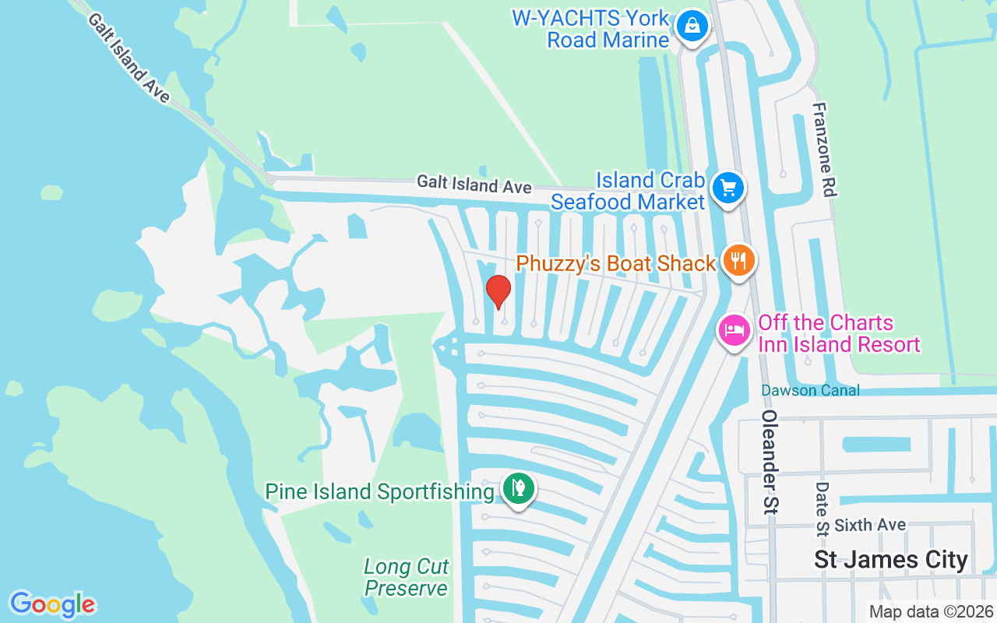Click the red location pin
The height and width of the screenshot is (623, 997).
pos(498,292)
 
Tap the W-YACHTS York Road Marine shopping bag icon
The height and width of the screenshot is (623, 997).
pos(691,26)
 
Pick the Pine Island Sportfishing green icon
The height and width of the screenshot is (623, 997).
pos(516,489)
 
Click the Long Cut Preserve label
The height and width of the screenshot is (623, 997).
pos(406,577)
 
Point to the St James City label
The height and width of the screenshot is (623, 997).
pos(890,559)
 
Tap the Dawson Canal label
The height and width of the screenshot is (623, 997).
pos(810,390)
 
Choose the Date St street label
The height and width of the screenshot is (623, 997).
pos(822,509)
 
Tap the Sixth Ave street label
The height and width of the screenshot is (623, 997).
pos(870,526)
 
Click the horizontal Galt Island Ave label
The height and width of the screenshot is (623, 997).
pos(474,185)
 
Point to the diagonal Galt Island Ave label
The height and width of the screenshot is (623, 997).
pos(129,57)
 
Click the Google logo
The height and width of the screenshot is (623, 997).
pos(52,604)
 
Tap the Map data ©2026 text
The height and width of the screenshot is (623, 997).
pos(931,611)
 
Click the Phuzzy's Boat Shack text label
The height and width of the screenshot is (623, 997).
pos(615,263)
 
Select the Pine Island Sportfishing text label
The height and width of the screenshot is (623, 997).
pos(379,491)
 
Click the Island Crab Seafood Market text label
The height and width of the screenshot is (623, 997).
pos(628,191)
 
